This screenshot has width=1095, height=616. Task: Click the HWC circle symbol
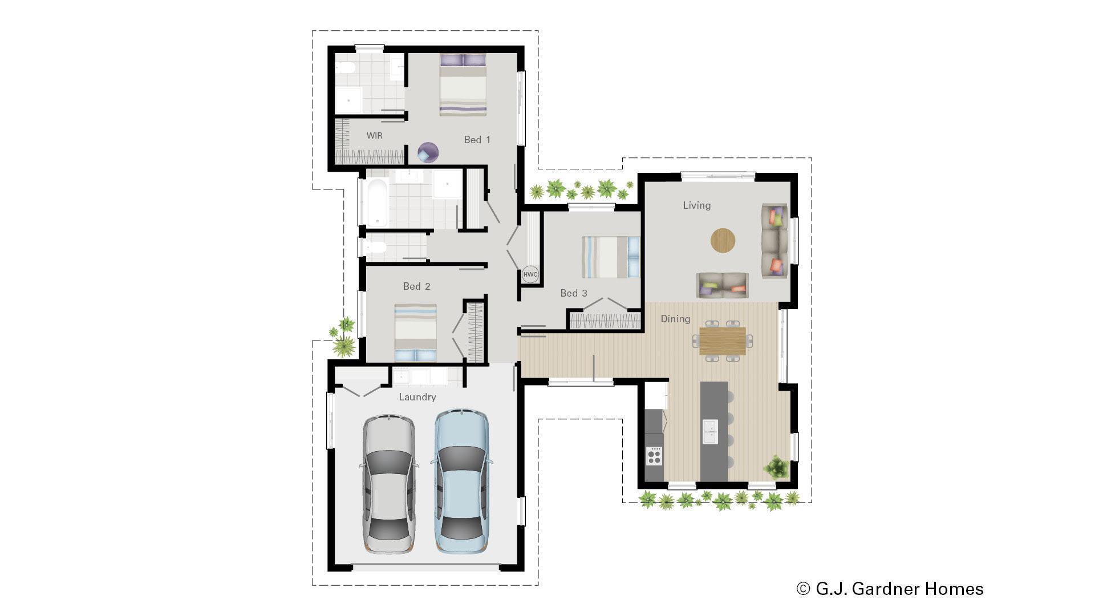tap(530, 274)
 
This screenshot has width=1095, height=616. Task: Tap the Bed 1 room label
tap(477, 140)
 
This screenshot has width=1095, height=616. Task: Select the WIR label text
tap(374, 136)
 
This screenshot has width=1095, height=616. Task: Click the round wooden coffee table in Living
tap(723, 240)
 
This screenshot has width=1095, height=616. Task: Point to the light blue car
tap(461, 481)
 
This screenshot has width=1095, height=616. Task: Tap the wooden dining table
tap(722, 341)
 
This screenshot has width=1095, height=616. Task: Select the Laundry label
tap(417, 397)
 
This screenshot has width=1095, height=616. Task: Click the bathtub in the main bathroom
tap(377, 202)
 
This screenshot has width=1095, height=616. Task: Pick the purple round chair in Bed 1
tap(428, 152)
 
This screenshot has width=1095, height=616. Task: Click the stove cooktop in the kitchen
tap(654, 456)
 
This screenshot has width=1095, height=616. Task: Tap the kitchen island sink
tap(710, 432)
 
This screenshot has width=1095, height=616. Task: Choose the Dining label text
tap(675, 319)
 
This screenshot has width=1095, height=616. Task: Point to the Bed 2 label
tap(416, 286)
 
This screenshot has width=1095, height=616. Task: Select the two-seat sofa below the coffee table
tap(722, 285)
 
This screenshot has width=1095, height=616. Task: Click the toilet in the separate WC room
tap(376, 248)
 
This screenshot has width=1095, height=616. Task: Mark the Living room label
tap(696, 205)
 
